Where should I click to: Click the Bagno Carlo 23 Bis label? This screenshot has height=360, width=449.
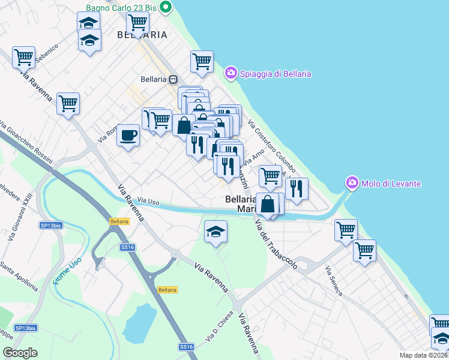coord(120,8)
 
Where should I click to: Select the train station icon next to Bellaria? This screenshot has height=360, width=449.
coord(173,79)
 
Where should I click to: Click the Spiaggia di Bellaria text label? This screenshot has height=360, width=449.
coord(276,74)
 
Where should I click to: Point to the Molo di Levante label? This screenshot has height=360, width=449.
coord(391,183)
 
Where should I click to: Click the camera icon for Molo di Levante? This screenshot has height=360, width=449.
coord(352,182)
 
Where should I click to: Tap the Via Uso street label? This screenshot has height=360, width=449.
coord(148,202)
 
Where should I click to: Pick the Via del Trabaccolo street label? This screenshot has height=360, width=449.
coord(276,245)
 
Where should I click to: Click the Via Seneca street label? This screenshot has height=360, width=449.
coord(334,282)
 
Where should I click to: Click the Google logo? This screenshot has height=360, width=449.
coord(20,353)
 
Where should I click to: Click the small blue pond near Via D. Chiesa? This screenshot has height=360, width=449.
coord(139,323)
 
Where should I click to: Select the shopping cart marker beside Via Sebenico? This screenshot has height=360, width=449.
coord(24,58)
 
